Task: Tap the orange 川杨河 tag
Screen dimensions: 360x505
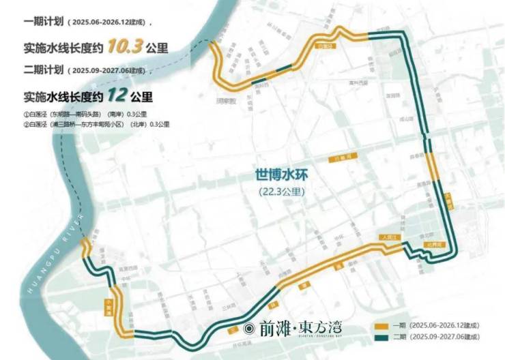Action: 336,158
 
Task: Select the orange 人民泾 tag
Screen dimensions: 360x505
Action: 389,236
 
